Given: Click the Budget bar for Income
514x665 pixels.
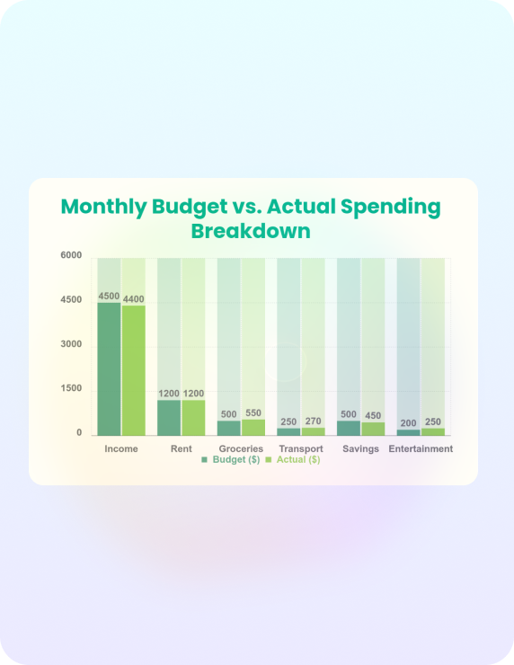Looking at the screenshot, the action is pos(109,369).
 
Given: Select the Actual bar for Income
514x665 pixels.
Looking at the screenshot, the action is pos(134,370).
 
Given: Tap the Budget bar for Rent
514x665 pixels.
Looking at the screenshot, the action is pos(169,418).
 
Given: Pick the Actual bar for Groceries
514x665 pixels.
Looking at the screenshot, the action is pos(253,428).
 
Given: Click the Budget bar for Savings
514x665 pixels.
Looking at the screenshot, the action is pos(349,429).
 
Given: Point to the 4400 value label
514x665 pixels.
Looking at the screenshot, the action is pos(134,299).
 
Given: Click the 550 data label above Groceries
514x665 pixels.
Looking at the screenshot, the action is pos(253,413).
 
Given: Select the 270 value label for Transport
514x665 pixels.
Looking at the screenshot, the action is pos(314,421).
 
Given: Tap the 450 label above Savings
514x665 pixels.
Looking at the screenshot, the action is pos(373,415).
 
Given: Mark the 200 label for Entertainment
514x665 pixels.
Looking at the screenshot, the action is pos(408,423).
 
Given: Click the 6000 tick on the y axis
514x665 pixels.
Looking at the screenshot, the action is pos(71,255).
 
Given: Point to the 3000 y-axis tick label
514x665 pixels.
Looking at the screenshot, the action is pos(71,344).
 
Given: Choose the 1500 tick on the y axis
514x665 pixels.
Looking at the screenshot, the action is pos(71,388).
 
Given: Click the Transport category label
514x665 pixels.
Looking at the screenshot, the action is pos(301,448).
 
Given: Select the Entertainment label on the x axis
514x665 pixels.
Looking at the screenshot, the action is pos(421,448).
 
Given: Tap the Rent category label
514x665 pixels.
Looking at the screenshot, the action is pos(182,448).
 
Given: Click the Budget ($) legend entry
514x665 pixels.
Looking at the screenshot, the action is pos(231,460).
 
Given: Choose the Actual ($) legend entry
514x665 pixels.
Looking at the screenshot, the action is pos(293,460).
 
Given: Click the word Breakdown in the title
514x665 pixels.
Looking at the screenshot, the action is pos(251,231).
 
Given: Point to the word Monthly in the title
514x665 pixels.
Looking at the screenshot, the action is pos(104,208).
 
